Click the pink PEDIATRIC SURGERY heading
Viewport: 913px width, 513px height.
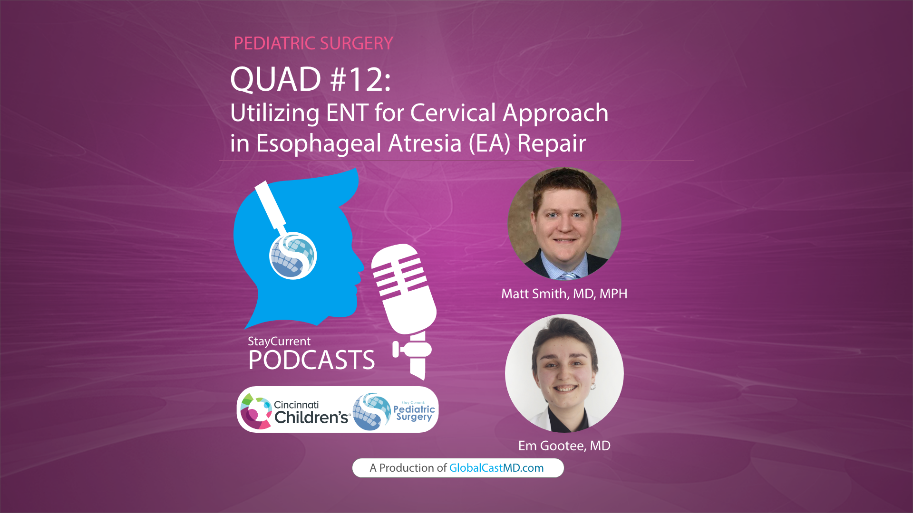[313, 43]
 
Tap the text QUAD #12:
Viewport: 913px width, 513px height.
[310, 79]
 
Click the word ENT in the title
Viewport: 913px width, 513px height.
[347, 113]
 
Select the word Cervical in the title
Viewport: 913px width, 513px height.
[453, 113]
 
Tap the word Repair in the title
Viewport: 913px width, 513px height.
[551, 143]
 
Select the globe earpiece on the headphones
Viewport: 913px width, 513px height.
[293, 256]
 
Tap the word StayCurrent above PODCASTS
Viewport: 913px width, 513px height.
[279, 341]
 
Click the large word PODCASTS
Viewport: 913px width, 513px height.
[311, 360]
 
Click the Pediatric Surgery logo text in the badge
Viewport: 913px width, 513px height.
[414, 412]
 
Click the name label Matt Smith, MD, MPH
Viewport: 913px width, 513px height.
[564, 294]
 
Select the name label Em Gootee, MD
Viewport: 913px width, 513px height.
[564, 446]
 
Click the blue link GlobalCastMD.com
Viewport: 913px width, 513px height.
[496, 468]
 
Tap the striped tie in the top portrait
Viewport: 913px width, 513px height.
[568, 276]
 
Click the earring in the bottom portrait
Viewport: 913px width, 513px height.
[593, 386]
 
